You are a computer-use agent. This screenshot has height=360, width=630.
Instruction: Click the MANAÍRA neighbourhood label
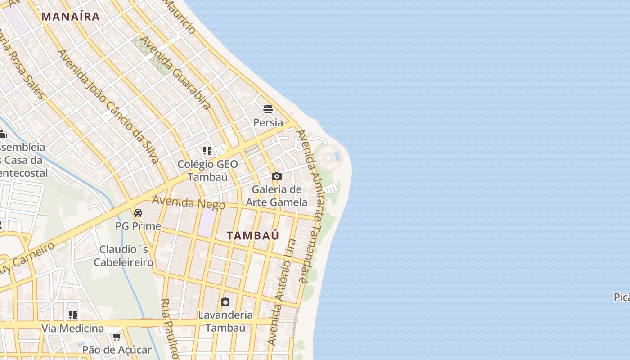(71, 17)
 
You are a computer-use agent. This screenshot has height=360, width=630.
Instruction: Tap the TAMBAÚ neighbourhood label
(253, 235)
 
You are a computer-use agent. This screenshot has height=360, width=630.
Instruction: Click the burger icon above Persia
(268, 109)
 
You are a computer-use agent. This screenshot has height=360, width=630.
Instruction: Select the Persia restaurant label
(268, 122)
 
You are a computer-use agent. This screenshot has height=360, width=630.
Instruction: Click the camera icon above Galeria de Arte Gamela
(277, 176)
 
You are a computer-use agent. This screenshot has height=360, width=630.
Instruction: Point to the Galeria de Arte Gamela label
(277, 196)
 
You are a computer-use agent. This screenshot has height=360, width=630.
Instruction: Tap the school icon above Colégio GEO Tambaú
(207, 150)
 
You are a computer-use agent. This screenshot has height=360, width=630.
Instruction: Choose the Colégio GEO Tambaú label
(207, 170)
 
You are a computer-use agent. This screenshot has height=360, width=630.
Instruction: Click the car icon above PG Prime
(138, 213)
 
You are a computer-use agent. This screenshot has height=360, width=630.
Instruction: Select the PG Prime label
(138, 226)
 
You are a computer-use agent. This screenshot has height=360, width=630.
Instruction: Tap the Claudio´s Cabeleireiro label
(126, 256)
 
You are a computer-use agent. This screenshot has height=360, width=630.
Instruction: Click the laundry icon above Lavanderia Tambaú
(225, 301)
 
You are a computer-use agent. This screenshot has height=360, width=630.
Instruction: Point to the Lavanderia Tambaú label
(225, 321)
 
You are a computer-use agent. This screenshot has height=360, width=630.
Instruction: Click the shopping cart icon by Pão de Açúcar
(117, 337)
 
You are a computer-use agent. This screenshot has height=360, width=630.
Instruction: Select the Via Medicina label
(72, 328)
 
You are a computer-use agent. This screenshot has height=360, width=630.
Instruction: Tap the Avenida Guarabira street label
(175, 73)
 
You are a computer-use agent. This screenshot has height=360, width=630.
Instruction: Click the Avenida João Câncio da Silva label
(108, 106)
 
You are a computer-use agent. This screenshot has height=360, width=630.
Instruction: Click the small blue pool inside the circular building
(337, 156)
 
